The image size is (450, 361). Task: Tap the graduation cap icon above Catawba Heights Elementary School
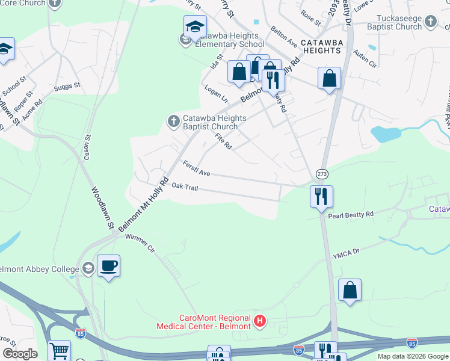195,26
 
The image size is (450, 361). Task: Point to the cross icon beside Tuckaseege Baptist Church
430,22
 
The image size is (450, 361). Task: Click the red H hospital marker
260,322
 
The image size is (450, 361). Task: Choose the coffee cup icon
108,265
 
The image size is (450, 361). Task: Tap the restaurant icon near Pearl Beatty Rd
321,196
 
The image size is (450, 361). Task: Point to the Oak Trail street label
185,187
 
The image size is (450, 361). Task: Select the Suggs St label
67,87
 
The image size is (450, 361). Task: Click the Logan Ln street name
216,94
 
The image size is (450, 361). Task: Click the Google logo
20,354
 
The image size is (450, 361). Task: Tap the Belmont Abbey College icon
88,268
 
